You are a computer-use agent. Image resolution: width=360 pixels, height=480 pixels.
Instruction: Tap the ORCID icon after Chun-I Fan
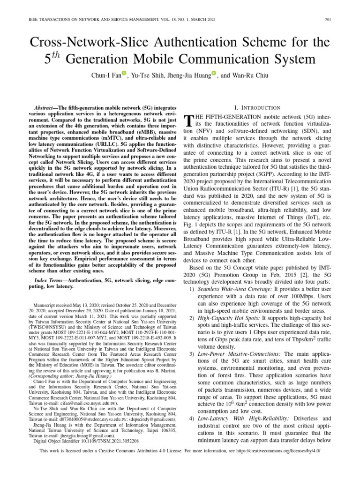(124, 73)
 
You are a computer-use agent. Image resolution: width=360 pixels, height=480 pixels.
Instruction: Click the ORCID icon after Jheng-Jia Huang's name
(214, 73)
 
